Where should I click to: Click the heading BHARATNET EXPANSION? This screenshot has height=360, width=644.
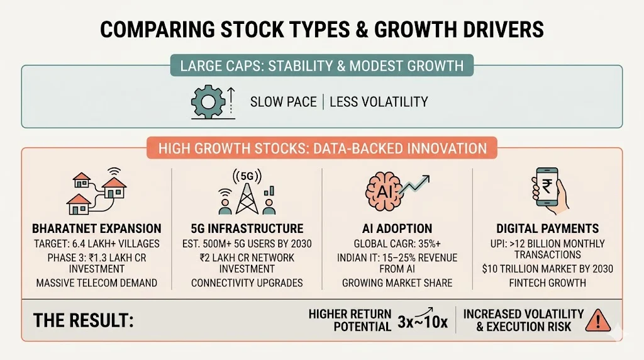point(96,229)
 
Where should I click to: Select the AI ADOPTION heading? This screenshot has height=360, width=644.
point(397,229)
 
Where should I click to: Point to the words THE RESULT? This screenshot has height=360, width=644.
point(83,320)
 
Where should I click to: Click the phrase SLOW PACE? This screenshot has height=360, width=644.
point(283,101)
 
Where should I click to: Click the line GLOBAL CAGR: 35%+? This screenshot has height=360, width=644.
point(397,244)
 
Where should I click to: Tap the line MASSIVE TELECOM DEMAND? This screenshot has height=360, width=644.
point(96,283)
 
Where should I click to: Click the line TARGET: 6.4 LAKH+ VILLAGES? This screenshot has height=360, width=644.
point(96,244)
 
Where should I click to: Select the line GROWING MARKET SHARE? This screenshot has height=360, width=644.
point(397,283)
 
